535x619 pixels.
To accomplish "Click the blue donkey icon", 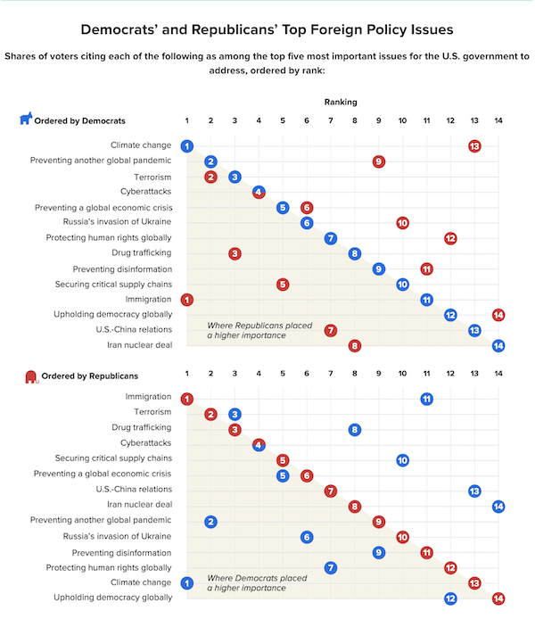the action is click(x=26, y=118).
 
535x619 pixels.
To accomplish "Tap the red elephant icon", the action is click(x=31, y=377).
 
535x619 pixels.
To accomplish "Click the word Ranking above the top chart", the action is click(x=341, y=102).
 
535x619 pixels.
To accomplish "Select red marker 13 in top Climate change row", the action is click(x=474, y=146).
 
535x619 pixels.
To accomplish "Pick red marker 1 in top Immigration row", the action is click(x=187, y=300).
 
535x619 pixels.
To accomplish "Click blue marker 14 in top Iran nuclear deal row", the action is click(x=498, y=346).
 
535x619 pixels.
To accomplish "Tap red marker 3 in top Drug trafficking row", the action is click(x=235, y=253).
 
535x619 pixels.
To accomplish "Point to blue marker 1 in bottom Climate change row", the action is click(x=187, y=583).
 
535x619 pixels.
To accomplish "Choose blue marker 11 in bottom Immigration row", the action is click(x=426, y=399).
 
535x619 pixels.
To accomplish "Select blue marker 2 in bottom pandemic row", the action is click(x=210, y=522).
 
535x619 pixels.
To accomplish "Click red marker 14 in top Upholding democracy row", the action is click(x=498, y=315).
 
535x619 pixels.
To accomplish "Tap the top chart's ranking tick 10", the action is click(x=402, y=120).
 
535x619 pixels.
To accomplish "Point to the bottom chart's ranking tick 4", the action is click(x=259, y=373).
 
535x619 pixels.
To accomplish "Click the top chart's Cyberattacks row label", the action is click(x=145, y=192).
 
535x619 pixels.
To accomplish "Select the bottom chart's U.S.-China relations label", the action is click(x=134, y=489).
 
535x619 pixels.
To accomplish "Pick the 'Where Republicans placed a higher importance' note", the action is click(x=259, y=330).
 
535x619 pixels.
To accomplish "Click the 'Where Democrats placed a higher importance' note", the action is click(x=257, y=583).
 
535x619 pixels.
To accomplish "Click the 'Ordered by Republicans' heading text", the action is click(x=89, y=376).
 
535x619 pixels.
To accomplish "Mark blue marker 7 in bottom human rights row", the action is click(x=331, y=567).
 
